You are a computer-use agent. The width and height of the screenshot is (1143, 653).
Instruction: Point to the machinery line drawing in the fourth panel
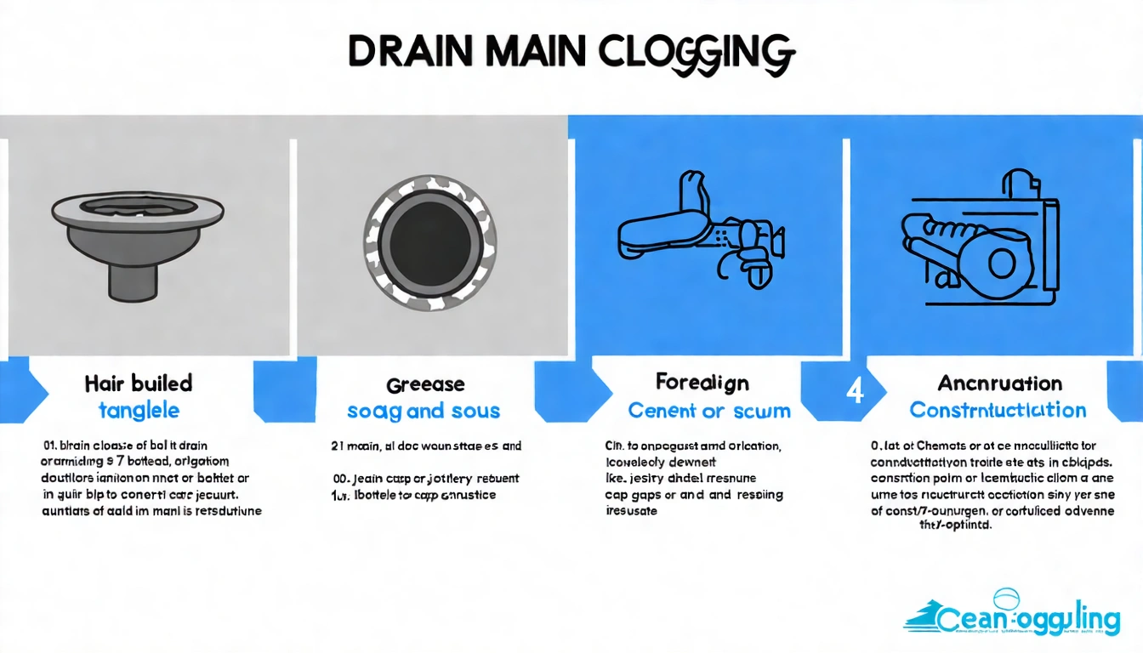click(978, 242)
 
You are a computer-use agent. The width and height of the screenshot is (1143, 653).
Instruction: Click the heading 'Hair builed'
click(139, 383)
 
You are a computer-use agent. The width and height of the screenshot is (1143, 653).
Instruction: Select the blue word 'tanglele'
click(139, 410)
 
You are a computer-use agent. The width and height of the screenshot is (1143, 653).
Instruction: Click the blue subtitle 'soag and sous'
click(424, 412)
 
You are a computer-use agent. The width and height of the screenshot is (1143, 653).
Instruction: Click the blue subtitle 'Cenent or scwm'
click(709, 411)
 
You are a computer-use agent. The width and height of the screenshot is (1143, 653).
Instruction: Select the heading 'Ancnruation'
click(999, 383)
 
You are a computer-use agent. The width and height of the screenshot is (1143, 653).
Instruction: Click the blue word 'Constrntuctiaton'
click(998, 410)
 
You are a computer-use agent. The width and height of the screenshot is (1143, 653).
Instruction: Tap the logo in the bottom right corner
click(1011, 616)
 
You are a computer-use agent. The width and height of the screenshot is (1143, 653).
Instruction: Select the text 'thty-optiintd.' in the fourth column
click(956, 525)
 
